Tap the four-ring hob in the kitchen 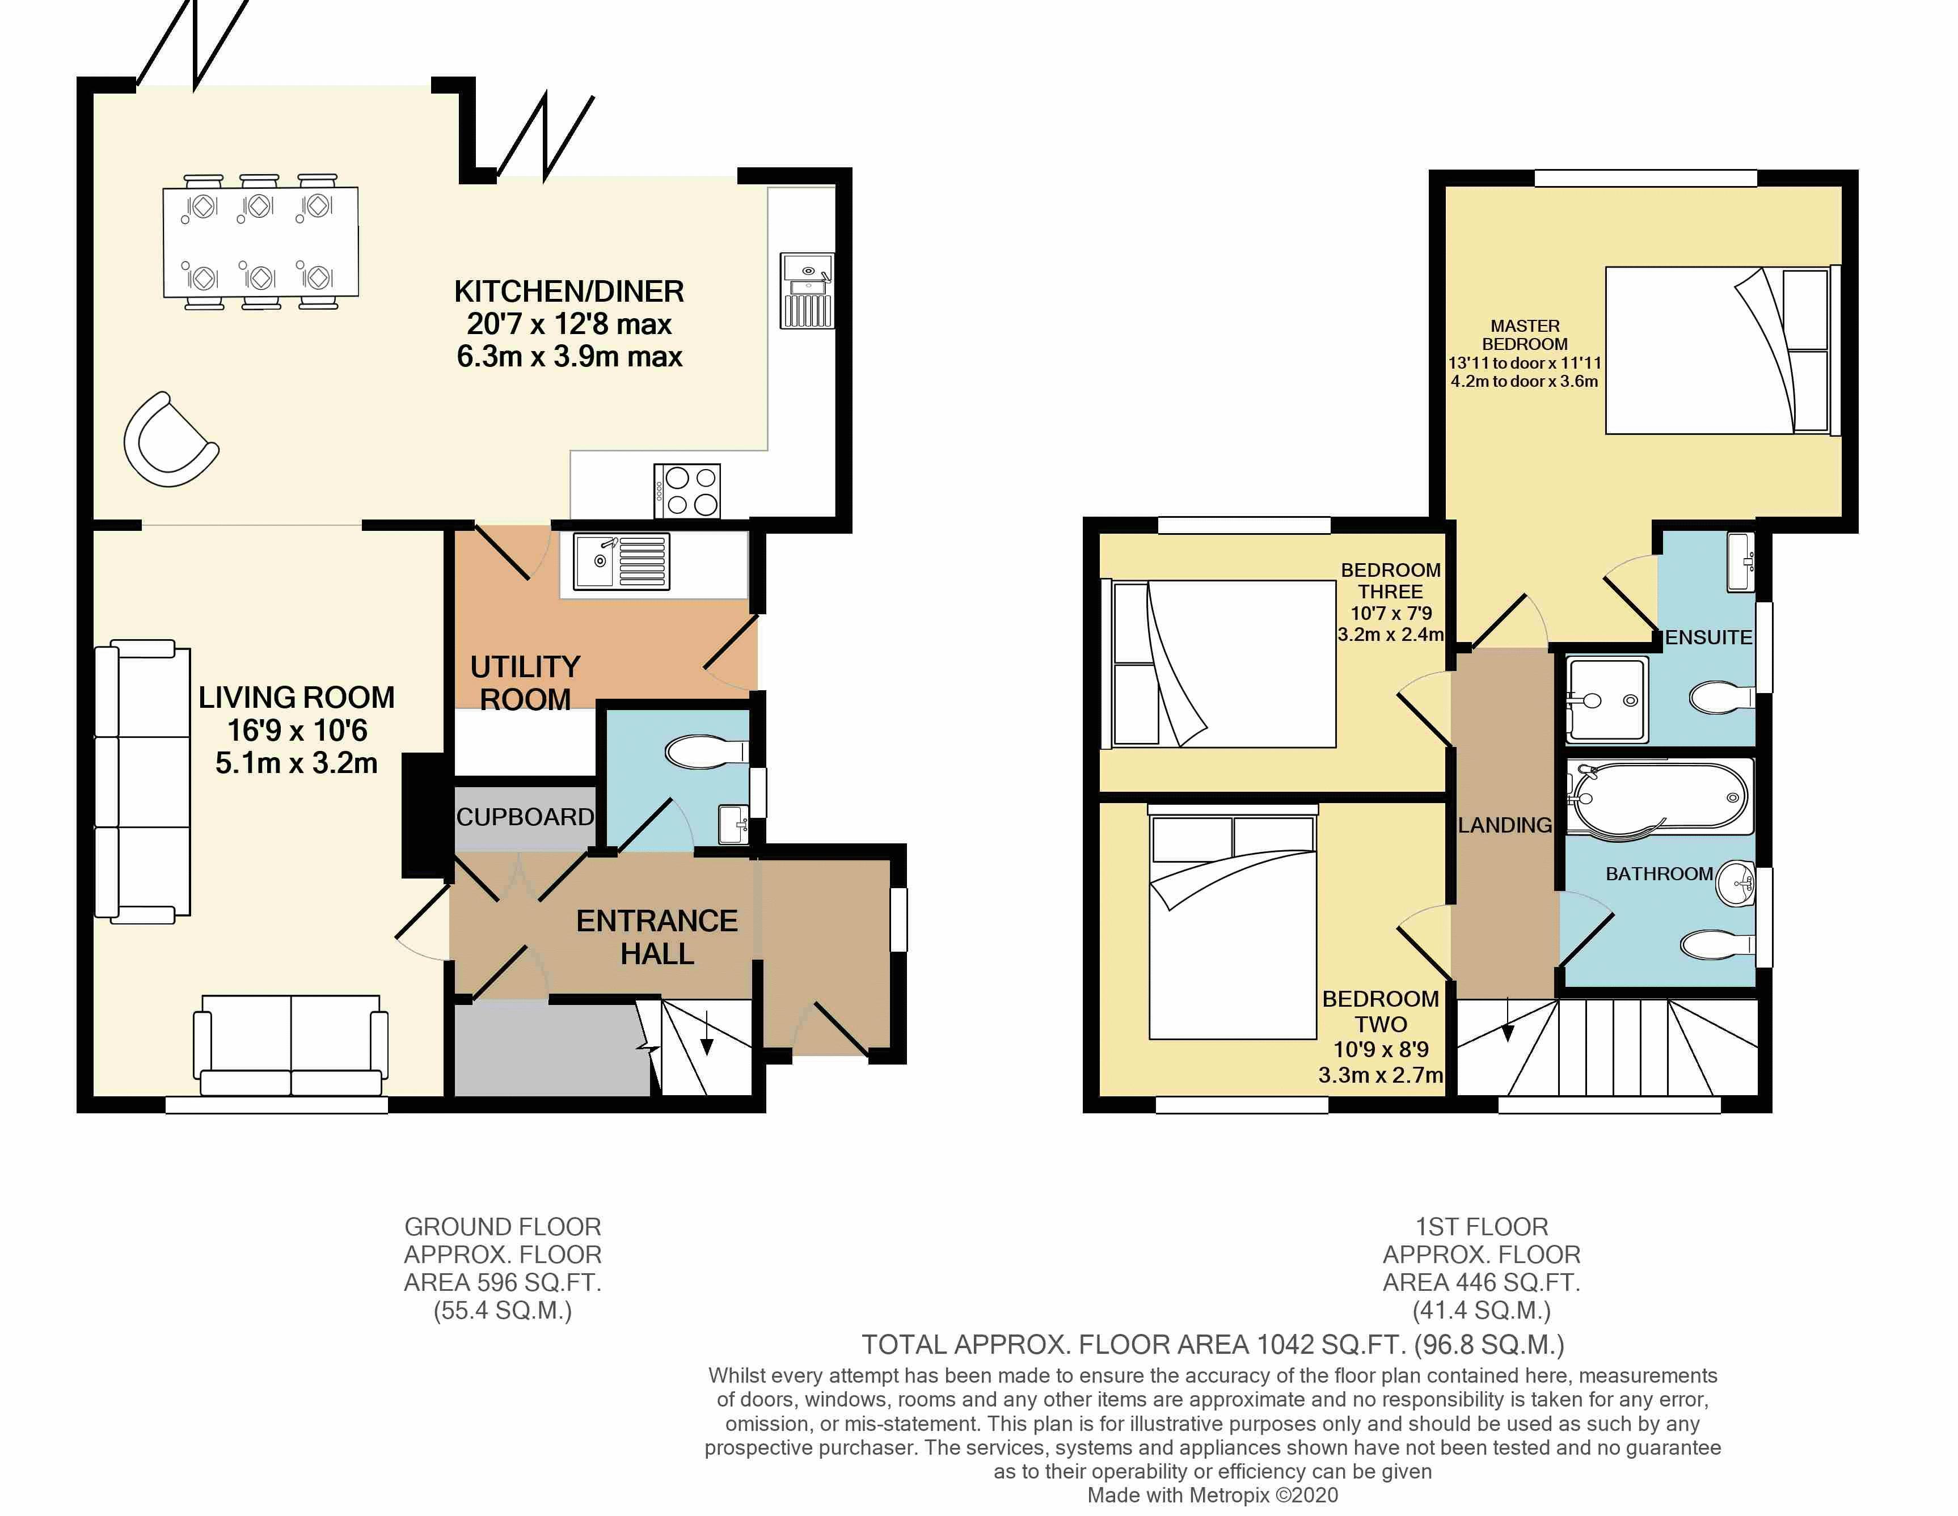coord(687,491)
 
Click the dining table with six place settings coord(260,242)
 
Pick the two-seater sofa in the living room coord(292,1045)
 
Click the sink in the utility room coord(621,561)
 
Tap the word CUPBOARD coord(525,817)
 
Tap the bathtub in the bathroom coord(1659,797)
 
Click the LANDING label coord(1504,825)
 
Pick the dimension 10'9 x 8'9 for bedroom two coord(1381,1049)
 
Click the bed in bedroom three coord(1224,664)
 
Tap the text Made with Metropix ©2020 coord(1212,1496)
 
